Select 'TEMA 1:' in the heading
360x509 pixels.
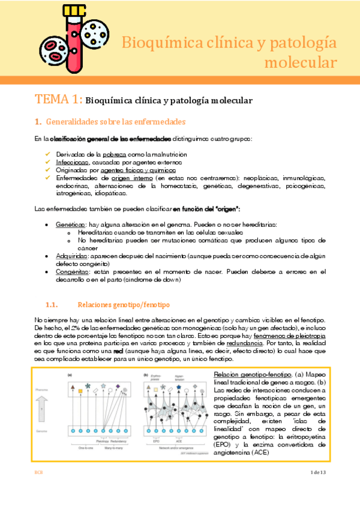[x=58, y=100]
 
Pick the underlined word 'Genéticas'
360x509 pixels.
[x=69, y=223]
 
